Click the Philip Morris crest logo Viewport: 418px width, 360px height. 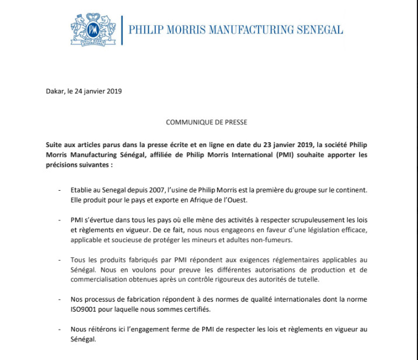[94, 29]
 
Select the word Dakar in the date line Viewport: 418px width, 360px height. [54, 91]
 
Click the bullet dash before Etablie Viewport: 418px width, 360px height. [60, 191]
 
